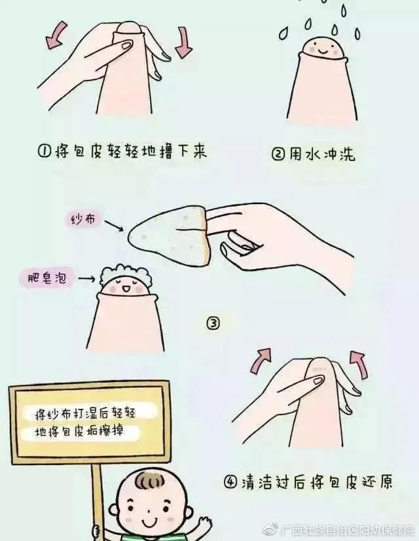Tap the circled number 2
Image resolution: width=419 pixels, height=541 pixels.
[278, 155]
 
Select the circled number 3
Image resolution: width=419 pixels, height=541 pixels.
[213, 323]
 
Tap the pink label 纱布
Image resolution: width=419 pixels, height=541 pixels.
[85, 220]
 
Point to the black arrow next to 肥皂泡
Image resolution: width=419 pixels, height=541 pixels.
[85, 279]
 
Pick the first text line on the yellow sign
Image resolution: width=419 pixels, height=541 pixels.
[88, 412]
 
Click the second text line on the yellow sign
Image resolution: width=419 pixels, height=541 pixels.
[79, 432]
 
